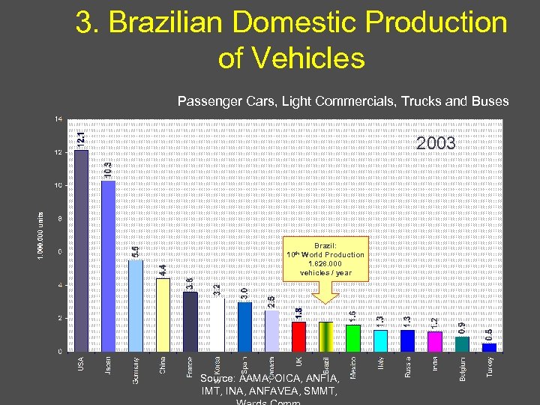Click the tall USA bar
(x=81, y=250)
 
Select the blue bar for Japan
(x=108, y=266)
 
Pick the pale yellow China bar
(x=163, y=315)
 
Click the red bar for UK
(x=298, y=336)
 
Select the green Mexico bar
(x=353, y=337)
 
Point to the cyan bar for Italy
(x=380, y=340)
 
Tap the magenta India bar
(x=435, y=341)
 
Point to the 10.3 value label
(x=109, y=170)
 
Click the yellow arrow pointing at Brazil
(x=325, y=293)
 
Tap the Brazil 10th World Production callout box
(x=325, y=259)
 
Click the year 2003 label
(x=436, y=142)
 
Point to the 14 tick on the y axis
(x=58, y=119)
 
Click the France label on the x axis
(x=190, y=367)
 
